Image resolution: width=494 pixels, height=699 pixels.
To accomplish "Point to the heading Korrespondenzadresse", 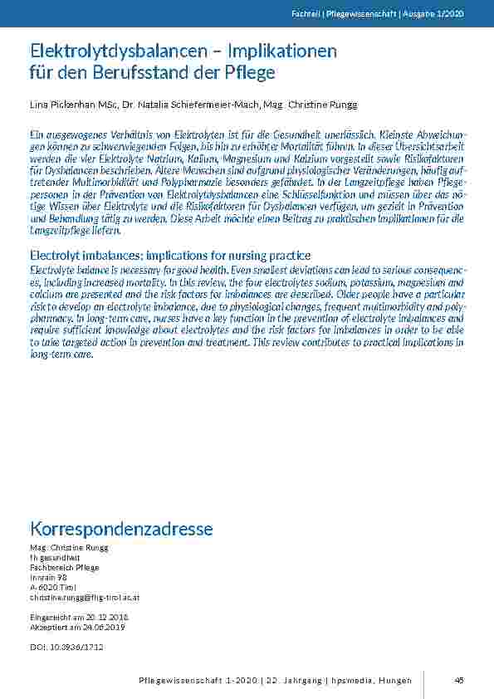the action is pyautogui.click(x=121, y=529).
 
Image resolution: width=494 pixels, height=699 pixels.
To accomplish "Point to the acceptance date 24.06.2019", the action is pyautogui.click(x=101, y=628).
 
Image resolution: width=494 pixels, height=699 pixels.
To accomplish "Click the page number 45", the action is pyautogui.click(x=459, y=681).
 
